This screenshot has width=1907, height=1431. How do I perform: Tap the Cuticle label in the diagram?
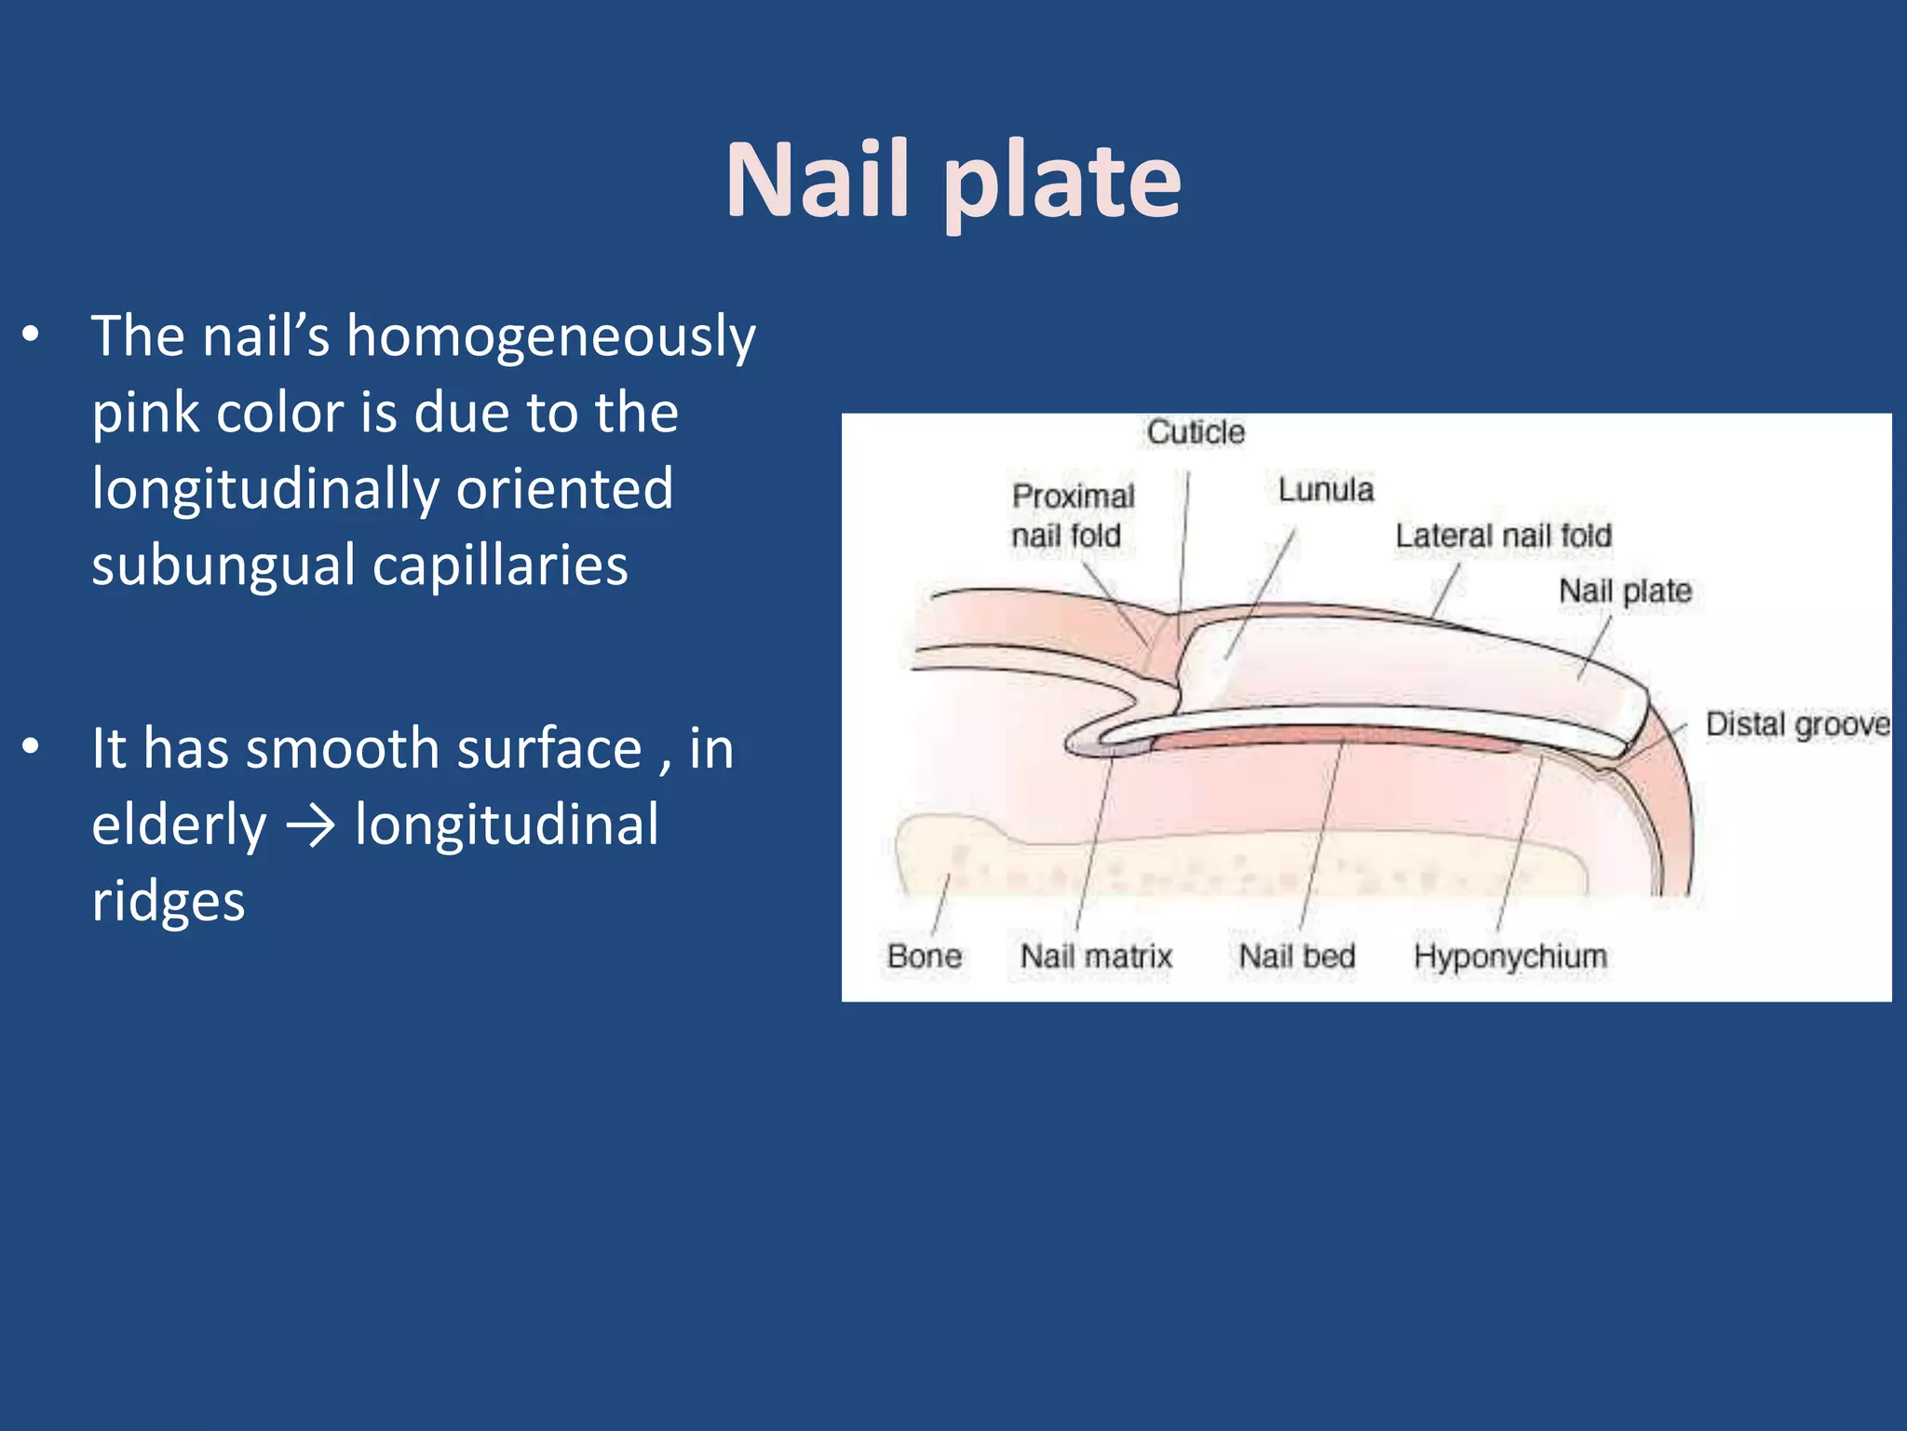[1196, 432]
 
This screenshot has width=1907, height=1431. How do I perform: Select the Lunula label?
[1325, 490]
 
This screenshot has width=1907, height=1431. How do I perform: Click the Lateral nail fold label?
[1503, 536]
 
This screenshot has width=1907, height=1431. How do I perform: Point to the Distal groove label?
[1797, 725]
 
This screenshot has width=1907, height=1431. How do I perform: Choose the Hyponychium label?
[1510, 957]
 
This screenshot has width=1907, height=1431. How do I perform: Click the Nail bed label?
[1297, 956]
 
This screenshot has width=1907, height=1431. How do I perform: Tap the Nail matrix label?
[1096, 956]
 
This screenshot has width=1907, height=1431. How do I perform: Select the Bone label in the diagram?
[924, 956]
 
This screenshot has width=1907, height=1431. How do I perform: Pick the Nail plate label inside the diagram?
[1625, 591]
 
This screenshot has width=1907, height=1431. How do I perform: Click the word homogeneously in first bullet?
[551, 337]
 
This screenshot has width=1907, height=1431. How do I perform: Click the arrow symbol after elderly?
[310, 826]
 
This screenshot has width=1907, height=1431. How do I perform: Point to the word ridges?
[169, 901]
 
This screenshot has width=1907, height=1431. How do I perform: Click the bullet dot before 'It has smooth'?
[32, 747]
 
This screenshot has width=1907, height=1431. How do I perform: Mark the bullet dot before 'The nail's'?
[32, 334]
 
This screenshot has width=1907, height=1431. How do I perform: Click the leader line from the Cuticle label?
[1183, 550]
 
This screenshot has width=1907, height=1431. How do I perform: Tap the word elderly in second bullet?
[179, 826]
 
